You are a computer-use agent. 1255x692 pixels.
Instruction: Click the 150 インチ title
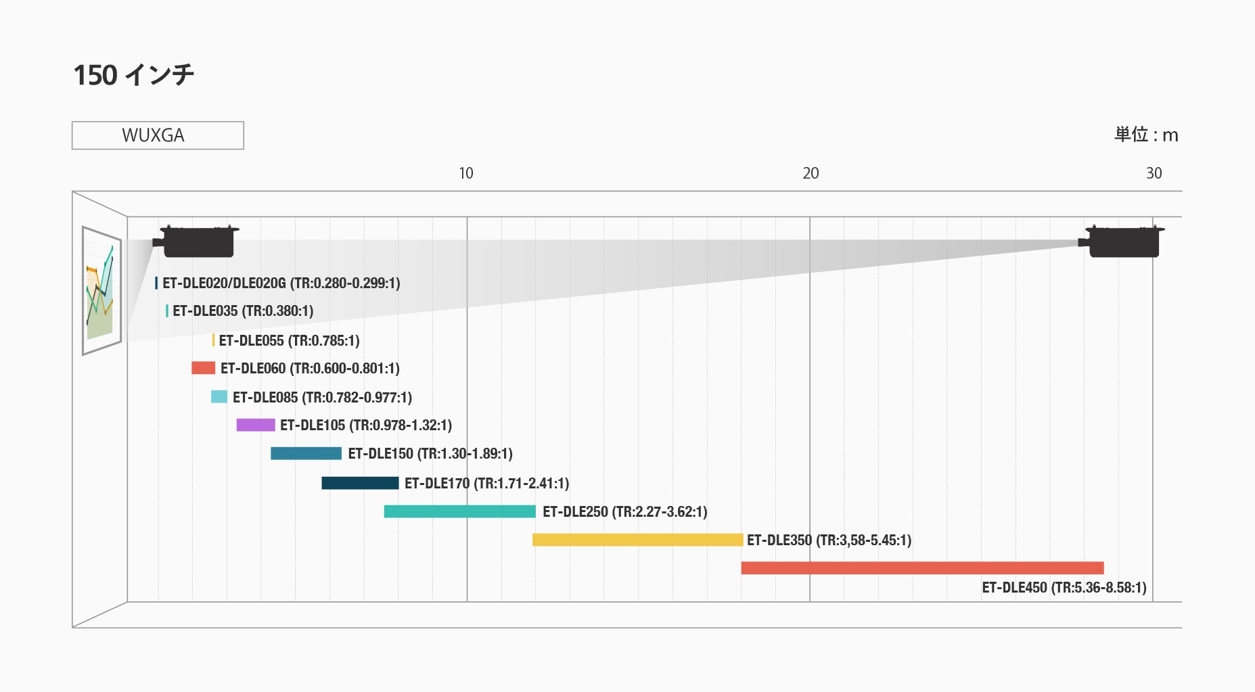pos(133,75)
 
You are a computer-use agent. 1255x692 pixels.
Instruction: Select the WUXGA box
pos(158,135)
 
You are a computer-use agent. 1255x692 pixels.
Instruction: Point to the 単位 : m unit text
pos(1146,135)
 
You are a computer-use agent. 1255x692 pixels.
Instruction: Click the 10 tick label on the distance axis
pos(465,174)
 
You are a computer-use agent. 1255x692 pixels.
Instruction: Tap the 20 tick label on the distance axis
pos(811,174)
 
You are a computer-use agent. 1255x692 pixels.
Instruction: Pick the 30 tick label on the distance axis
pos(1154,174)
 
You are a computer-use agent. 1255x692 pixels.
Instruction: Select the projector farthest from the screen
pos(1123,241)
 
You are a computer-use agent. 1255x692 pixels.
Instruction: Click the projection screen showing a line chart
pos(101,290)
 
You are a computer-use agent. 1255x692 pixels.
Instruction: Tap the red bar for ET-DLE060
pos(203,368)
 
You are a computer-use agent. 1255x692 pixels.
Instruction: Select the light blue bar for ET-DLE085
pos(219,397)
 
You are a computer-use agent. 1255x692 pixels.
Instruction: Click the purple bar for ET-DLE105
pos(256,425)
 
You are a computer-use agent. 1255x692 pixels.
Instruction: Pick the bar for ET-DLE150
pos(306,453)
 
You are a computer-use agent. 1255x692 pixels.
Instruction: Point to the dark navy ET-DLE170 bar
pos(360,483)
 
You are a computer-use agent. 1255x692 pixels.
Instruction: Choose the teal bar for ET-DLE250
pos(460,511)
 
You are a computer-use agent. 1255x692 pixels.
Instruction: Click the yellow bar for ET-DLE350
pos(637,540)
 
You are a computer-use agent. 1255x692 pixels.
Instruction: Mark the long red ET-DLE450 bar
pos(922,568)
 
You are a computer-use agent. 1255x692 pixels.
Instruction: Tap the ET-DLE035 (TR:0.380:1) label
pos(243,311)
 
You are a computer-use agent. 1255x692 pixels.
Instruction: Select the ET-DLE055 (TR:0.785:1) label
pos(289,340)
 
